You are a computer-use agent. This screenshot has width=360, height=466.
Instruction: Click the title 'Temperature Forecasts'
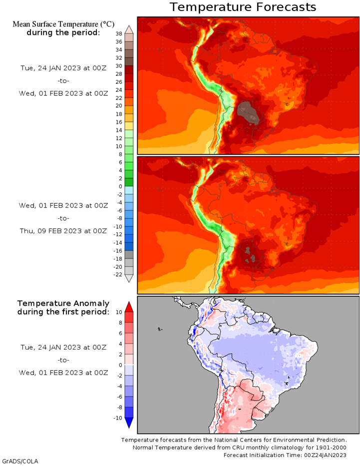click(243, 7)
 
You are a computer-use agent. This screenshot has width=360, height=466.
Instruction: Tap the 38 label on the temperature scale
click(119, 33)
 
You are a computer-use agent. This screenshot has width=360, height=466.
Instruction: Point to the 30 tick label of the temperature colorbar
click(119, 66)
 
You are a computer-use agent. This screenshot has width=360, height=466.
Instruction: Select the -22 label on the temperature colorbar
click(118, 274)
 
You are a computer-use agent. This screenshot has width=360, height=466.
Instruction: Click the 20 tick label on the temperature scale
click(119, 106)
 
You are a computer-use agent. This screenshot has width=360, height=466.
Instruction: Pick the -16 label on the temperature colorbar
click(118, 251)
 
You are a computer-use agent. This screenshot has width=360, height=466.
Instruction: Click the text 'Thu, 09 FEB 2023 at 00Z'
click(63, 231)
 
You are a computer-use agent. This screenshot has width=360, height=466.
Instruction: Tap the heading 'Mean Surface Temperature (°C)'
click(63, 24)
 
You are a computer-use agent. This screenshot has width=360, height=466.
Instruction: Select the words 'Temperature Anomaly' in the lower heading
click(63, 303)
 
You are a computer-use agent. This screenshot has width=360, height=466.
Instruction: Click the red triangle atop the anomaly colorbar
click(129, 307)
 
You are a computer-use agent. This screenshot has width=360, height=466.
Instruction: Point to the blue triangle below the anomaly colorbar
click(129, 423)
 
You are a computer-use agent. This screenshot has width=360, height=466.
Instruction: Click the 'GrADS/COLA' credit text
click(20, 462)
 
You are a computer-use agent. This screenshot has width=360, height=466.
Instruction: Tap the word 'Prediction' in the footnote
click(332, 440)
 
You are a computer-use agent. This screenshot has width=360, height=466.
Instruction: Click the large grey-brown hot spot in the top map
click(248, 112)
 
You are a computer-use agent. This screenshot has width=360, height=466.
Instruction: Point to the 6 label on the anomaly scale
click(120, 333)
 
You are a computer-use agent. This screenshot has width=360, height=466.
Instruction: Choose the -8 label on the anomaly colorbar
click(119, 408)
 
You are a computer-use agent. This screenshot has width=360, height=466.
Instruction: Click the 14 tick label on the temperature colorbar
click(119, 130)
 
